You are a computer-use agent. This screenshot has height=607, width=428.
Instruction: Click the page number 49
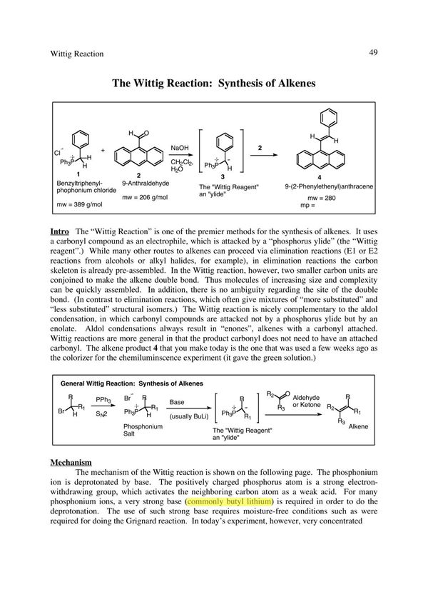(x=373, y=52)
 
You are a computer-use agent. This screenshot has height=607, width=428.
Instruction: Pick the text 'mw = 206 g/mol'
(x=146, y=197)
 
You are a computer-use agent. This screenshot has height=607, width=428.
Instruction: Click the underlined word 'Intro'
(x=59, y=233)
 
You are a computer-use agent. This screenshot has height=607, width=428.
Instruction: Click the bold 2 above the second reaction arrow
(x=261, y=148)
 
